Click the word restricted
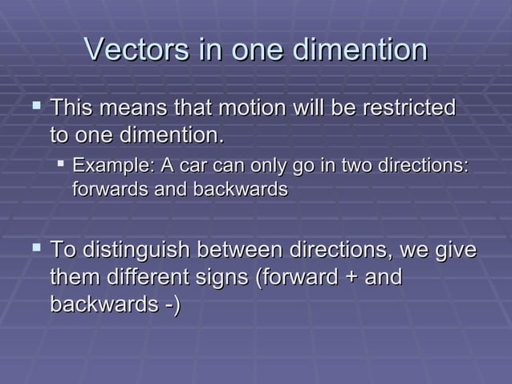pos(408,108)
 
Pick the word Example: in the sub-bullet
pos(113,165)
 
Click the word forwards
pos(104,190)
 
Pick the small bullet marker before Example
pos(60,165)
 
